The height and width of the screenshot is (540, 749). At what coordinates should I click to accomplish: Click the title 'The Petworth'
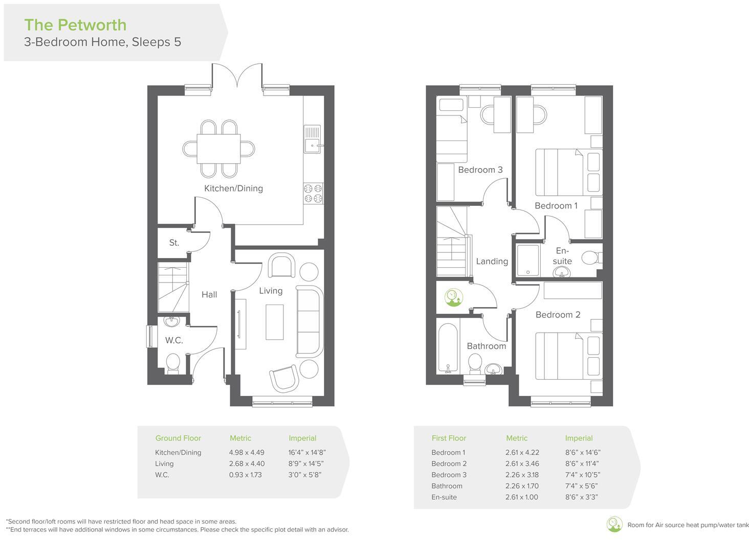click(75, 25)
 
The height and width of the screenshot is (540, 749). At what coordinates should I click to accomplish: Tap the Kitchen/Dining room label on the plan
click(233, 188)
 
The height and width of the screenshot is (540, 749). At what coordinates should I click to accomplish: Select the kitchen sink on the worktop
click(312, 145)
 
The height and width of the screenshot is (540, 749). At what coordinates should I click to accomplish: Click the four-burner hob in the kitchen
click(313, 193)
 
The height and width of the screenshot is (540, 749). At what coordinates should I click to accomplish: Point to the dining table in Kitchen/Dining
click(219, 148)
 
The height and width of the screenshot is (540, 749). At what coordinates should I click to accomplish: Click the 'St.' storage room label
click(174, 243)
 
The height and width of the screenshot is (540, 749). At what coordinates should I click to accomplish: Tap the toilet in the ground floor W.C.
click(173, 364)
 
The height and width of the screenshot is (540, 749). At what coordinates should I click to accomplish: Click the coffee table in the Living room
click(274, 322)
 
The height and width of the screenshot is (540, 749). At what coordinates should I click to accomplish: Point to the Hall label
click(209, 294)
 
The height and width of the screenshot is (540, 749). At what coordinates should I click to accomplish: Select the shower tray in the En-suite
click(528, 261)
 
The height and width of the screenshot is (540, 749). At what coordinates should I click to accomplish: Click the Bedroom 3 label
click(480, 170)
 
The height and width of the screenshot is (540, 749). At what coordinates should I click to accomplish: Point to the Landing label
click(492, 261)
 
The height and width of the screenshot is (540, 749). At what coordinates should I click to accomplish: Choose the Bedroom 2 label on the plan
click(558, 315)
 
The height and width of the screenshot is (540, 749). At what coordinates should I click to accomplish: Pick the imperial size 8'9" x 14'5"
click(306, 463)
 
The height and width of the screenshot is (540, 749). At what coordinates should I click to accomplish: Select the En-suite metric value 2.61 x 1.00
click(521, 497)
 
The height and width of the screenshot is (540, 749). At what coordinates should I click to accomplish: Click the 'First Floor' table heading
click(449, 438)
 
